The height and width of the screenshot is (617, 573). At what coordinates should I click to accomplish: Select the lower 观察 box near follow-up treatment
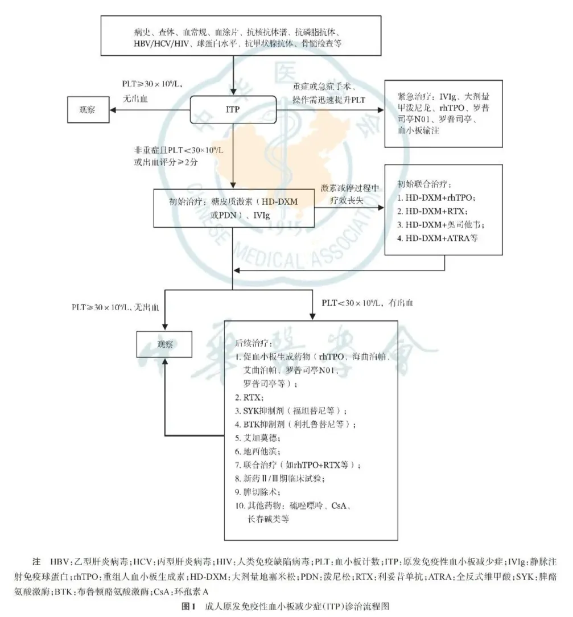click(x=163, y=345)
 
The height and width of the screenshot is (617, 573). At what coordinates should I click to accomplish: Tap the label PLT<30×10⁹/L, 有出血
click(x=368, y=303)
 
